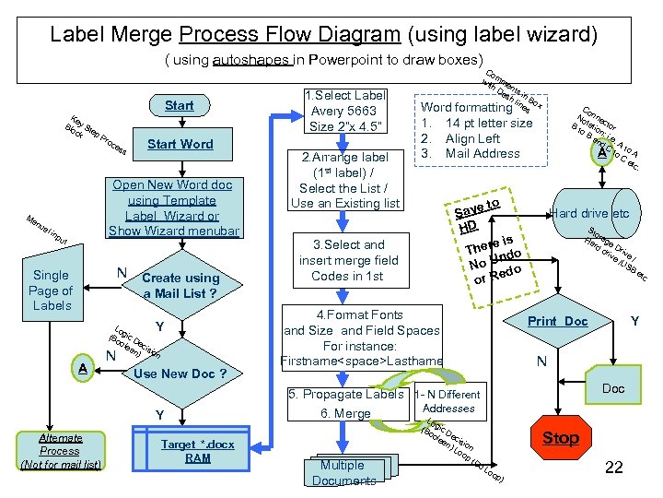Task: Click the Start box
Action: (179, 105)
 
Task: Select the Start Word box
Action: (180, 144)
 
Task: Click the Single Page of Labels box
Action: (51, 290)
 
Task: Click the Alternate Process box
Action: (60, 451)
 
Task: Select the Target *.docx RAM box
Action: (197, 451)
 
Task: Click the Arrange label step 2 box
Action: (345, 180)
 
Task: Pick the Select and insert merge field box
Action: (348, 260)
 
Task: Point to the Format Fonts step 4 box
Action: (362, 338)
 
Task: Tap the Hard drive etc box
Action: (589, 214)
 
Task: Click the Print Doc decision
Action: (557, 321)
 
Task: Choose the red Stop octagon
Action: (560, 437)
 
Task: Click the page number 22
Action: (613, 468)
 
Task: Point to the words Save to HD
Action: (475, 214)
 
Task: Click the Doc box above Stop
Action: (612, 388)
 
